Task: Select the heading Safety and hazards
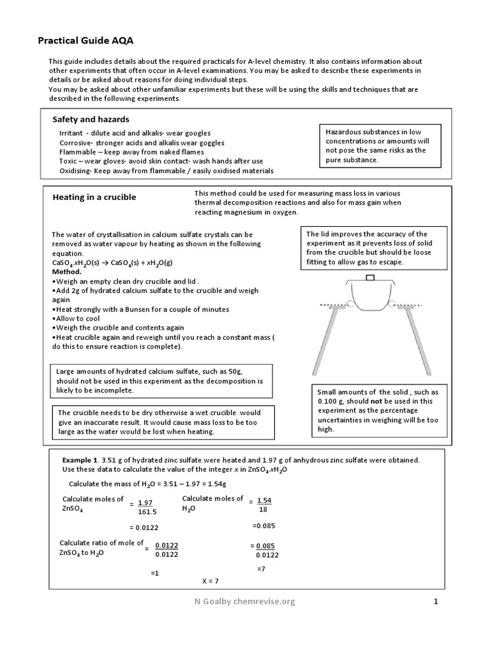(x=91, y=119)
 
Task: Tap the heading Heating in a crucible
(x=94, y=197)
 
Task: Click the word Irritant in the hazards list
(x=72, y=132)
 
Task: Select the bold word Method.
(x=67, y=271)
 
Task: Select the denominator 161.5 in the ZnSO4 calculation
(x=147, y=512)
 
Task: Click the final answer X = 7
(x=210, y=581)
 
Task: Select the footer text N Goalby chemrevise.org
(x=245, y=601)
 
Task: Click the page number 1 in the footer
(x=436, y=601)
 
